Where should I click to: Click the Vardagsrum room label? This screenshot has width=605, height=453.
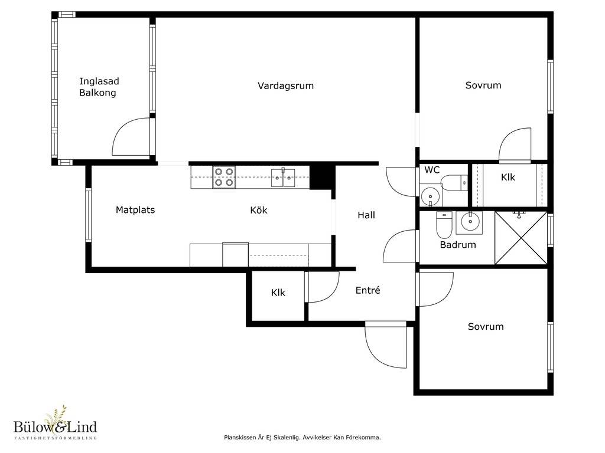coord(285,86)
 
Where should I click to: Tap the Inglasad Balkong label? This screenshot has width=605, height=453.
coord(99,87)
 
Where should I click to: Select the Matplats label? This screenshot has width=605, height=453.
coord(135,211)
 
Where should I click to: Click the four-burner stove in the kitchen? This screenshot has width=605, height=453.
coord(224,177)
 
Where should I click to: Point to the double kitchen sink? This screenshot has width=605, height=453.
coord(283,178)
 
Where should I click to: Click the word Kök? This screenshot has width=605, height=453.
coord(259,211)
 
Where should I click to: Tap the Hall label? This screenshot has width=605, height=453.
coord(366,215)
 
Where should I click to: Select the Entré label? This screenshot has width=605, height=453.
coord(367,290)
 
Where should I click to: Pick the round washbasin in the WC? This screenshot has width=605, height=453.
coord(429,197)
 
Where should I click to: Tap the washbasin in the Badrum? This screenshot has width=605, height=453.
coord(469,222)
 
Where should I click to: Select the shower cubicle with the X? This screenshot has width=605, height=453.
coord(521,238)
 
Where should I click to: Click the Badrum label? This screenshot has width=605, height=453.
coord(458,245)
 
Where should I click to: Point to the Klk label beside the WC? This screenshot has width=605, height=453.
coord(508,178)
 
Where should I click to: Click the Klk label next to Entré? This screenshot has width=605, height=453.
coord(278,293)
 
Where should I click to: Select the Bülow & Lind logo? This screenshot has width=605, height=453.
coord(55,424)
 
